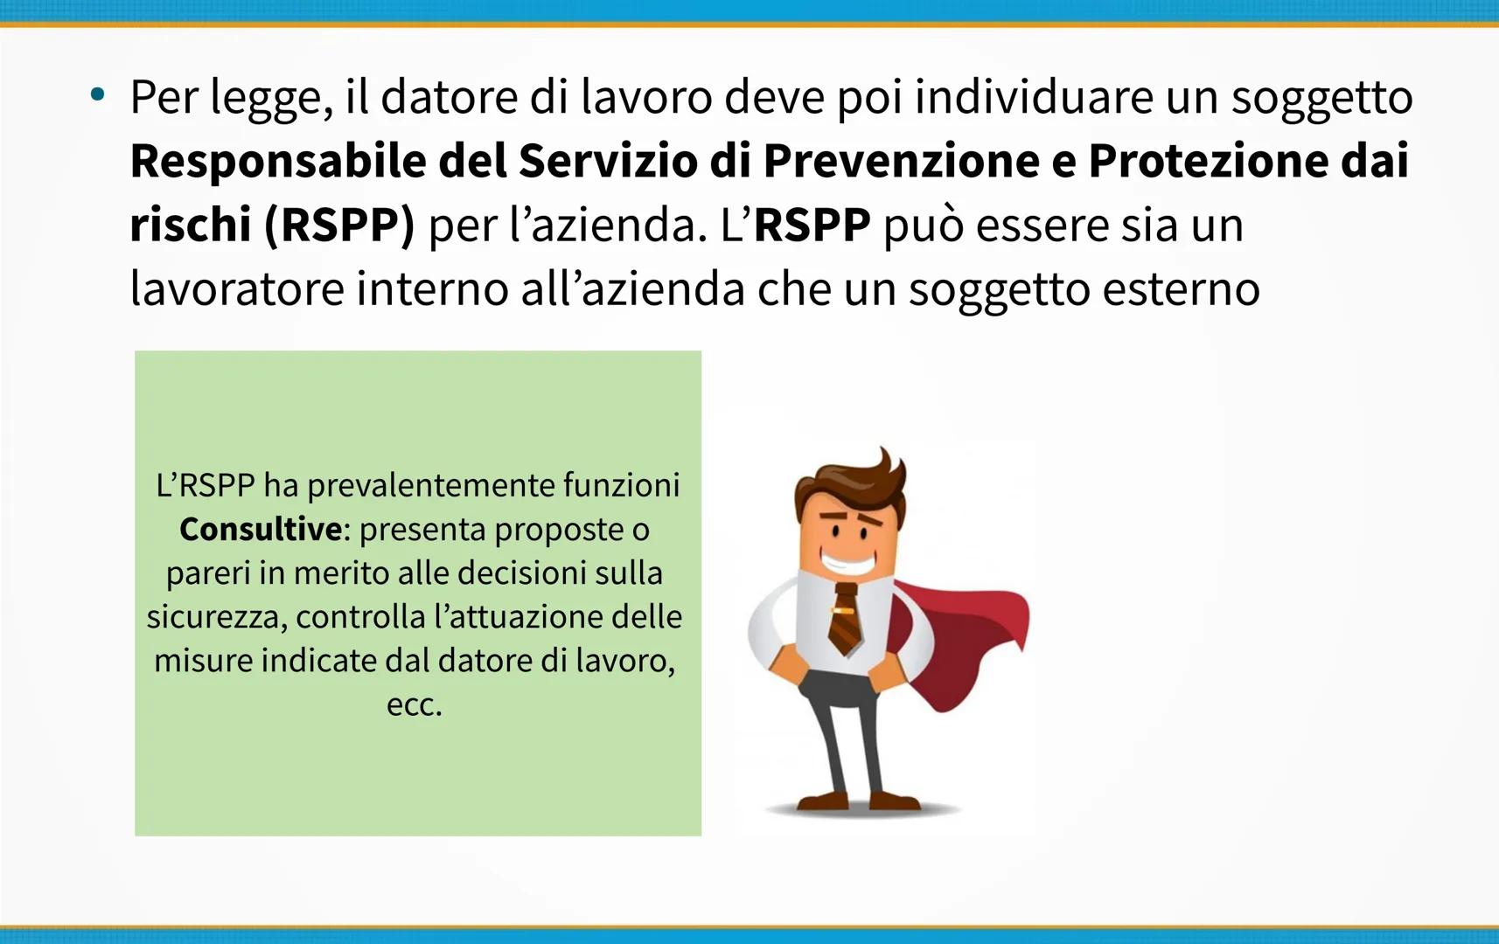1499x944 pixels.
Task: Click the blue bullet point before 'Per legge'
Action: [98, 94]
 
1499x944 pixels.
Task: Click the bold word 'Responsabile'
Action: [278, 161]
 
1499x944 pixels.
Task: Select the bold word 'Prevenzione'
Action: [902, 161]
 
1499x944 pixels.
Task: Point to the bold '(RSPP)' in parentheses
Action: [339, 226]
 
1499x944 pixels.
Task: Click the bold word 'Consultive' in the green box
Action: [261, 529]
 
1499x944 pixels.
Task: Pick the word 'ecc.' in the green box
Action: [415, 705]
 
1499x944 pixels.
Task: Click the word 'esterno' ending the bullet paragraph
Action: [1182, 289]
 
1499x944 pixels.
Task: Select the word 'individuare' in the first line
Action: [1034, 96]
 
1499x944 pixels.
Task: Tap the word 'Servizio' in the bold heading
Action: [609, 161]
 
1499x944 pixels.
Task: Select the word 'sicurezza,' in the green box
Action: [218, 617]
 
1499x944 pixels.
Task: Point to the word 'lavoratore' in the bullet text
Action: [237, 289]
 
